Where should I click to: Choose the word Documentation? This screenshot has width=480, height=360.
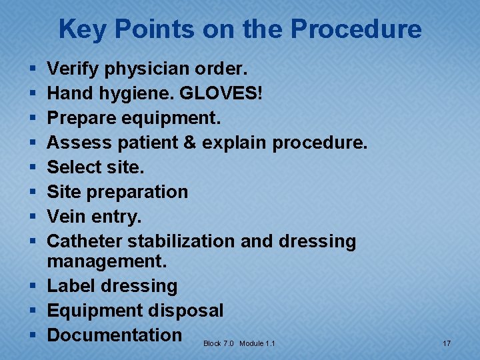point(114,335)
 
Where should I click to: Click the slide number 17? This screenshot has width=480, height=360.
point(447,343)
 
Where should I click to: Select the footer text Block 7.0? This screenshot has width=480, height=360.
point(219,343)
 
